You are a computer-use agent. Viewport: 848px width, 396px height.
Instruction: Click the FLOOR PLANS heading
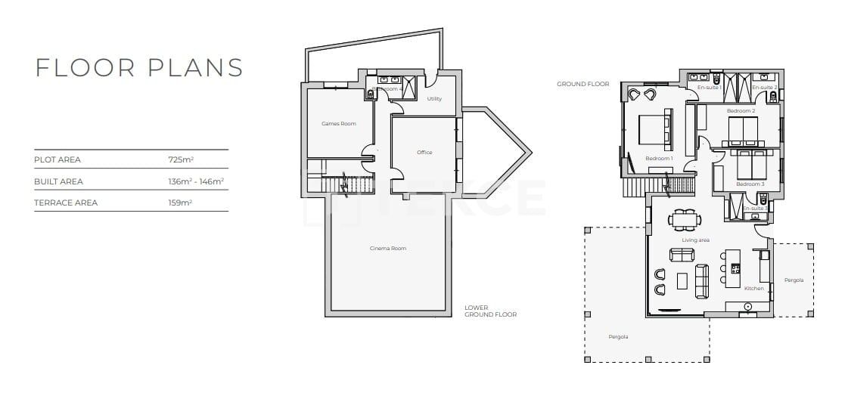click(139, 67)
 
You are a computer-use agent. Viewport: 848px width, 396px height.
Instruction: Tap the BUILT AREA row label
click(58, 181)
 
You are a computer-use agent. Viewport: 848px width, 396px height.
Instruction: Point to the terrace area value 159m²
click(180, 203)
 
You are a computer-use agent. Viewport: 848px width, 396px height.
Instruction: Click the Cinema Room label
click(387, 249)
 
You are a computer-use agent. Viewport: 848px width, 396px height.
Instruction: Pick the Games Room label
click(338, 123)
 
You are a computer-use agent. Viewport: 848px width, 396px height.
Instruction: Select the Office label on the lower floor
click(424, 153)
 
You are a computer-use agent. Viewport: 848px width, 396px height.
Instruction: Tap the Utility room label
click(434, 99)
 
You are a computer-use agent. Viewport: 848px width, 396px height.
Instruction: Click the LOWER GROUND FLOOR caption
click(490, 311)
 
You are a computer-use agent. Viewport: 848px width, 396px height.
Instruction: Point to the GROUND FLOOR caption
click(582, 84)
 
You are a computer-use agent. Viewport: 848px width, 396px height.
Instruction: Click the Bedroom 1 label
click(658, 159)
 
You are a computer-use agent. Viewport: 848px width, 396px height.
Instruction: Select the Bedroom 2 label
click(741, 111)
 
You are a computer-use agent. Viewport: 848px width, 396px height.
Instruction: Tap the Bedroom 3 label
click(749, 184)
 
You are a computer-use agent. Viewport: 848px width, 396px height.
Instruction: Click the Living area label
click(695, 240)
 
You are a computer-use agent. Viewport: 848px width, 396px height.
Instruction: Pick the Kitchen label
click(753, 289)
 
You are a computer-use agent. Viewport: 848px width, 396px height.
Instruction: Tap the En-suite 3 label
click(754, 208)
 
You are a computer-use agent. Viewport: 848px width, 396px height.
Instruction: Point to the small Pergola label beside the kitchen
click(794, 280)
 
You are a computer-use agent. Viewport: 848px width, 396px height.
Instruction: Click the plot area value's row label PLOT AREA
click(57, 160)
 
